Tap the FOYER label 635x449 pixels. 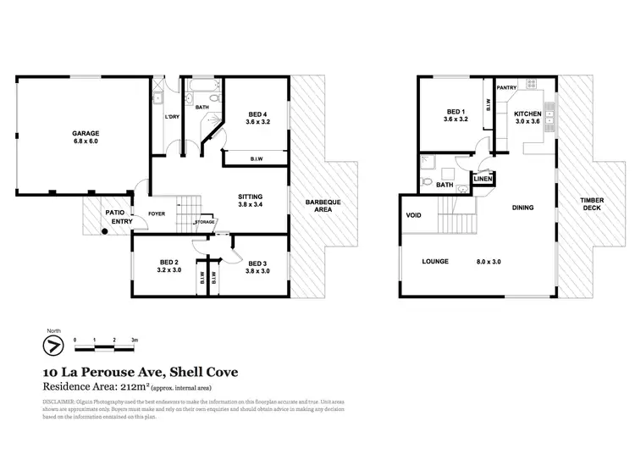157,213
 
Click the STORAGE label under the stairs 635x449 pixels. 205,223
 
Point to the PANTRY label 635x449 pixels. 506,87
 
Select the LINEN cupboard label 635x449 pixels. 483,179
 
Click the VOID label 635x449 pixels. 414,214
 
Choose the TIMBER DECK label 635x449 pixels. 591,204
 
